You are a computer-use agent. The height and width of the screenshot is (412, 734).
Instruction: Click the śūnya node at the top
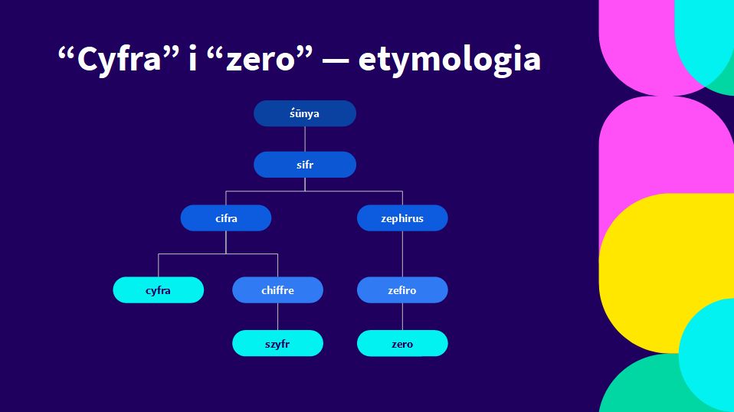[305, 113]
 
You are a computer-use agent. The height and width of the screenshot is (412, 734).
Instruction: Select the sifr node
[305, 165]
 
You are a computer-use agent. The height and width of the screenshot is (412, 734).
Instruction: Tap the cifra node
[226, 218]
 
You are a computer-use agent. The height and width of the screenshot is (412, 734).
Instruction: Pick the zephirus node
[402, 218]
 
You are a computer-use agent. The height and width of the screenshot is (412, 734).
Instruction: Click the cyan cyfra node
[159, 290]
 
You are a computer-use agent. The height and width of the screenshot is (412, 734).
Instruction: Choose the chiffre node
[277, 290]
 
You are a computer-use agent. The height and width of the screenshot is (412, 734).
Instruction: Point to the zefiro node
[402, 290]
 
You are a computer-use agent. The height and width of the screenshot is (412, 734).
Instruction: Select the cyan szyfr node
[277, 343]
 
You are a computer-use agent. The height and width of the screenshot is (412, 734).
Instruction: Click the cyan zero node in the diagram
[402, 343]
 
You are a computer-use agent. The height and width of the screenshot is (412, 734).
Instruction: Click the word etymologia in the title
[450, 60]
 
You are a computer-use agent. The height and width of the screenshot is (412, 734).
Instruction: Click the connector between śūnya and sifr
[305, 139]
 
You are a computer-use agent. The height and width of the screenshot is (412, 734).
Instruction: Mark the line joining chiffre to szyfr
[277, 316]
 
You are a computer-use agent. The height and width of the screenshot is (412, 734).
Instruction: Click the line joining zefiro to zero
[402, 316]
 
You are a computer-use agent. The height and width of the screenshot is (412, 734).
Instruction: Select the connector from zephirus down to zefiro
[402, 254]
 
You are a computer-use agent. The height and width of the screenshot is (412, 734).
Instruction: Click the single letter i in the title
[192, 59]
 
